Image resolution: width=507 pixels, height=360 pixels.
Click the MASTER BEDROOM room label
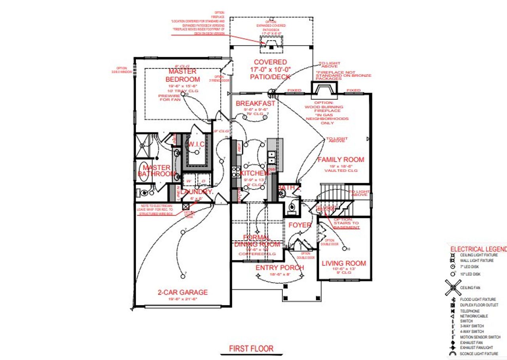(x=182, y=75)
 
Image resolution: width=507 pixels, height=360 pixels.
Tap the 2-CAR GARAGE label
(x=183, y=293)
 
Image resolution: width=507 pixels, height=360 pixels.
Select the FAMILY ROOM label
(x=341, y=159)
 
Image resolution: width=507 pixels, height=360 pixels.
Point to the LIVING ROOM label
(x=343, y=263)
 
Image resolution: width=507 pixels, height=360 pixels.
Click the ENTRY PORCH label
(x=280, y=268)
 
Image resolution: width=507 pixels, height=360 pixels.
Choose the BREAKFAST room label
(x=255, y=103)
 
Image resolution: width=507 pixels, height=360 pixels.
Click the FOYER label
(x=299, y=225)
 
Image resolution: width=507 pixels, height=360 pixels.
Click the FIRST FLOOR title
(x=251, y=349)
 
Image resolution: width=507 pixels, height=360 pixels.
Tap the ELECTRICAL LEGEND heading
(x=478, y=249)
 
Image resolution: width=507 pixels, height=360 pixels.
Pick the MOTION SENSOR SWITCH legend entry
(x=480, y=337)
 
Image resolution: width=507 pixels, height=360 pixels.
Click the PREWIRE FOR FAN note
(x=169, y=98)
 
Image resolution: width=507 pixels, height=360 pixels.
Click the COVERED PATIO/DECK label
(x=270, y=69)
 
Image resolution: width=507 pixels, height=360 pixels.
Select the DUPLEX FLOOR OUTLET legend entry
(x=479, y=305)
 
